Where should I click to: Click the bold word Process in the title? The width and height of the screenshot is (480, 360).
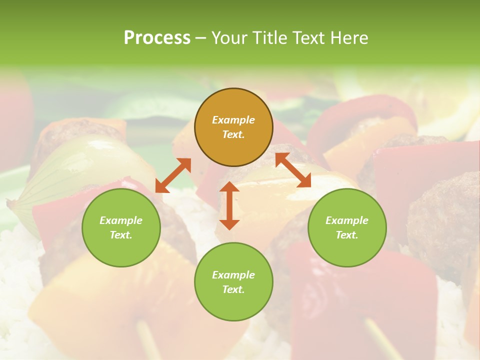click(157, 38)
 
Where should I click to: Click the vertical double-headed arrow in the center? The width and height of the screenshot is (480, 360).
click(229, 205)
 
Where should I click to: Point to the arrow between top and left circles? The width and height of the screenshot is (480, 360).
click(173, 175)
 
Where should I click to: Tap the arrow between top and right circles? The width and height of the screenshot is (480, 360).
click(293, 170)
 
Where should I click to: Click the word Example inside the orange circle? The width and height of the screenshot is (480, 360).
click(233, 120)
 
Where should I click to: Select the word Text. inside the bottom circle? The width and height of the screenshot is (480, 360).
click(233, 289)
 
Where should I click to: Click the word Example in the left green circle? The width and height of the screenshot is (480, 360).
click(121, 220)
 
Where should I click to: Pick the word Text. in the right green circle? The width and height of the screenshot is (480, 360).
click(347, 235)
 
